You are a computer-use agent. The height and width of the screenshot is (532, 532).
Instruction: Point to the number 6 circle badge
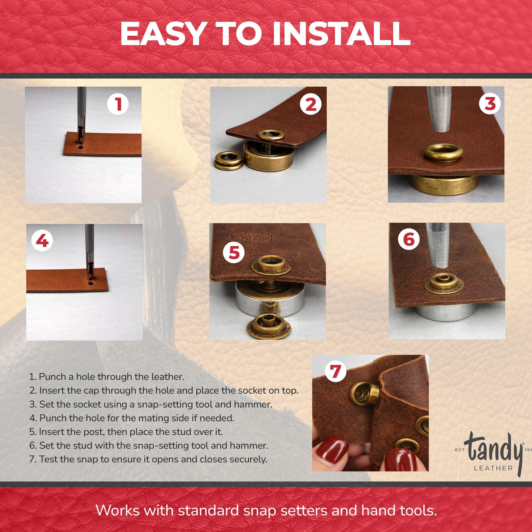pos(409,239)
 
